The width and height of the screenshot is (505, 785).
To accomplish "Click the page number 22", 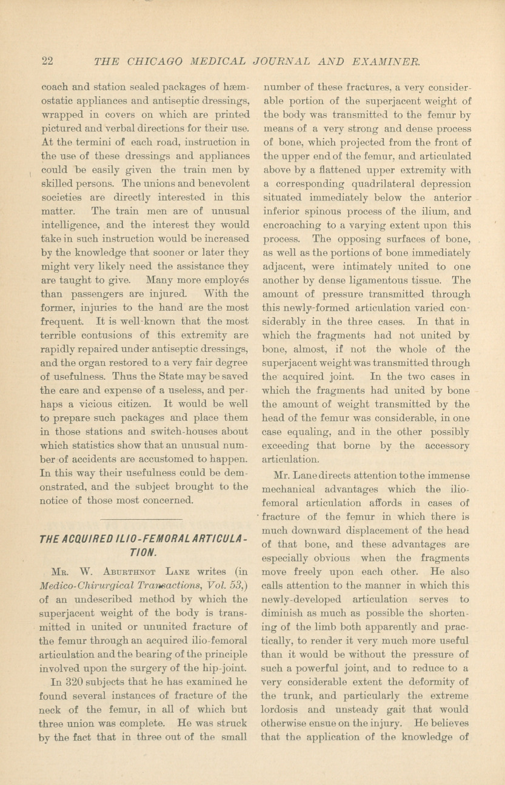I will (x=48, y=61).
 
